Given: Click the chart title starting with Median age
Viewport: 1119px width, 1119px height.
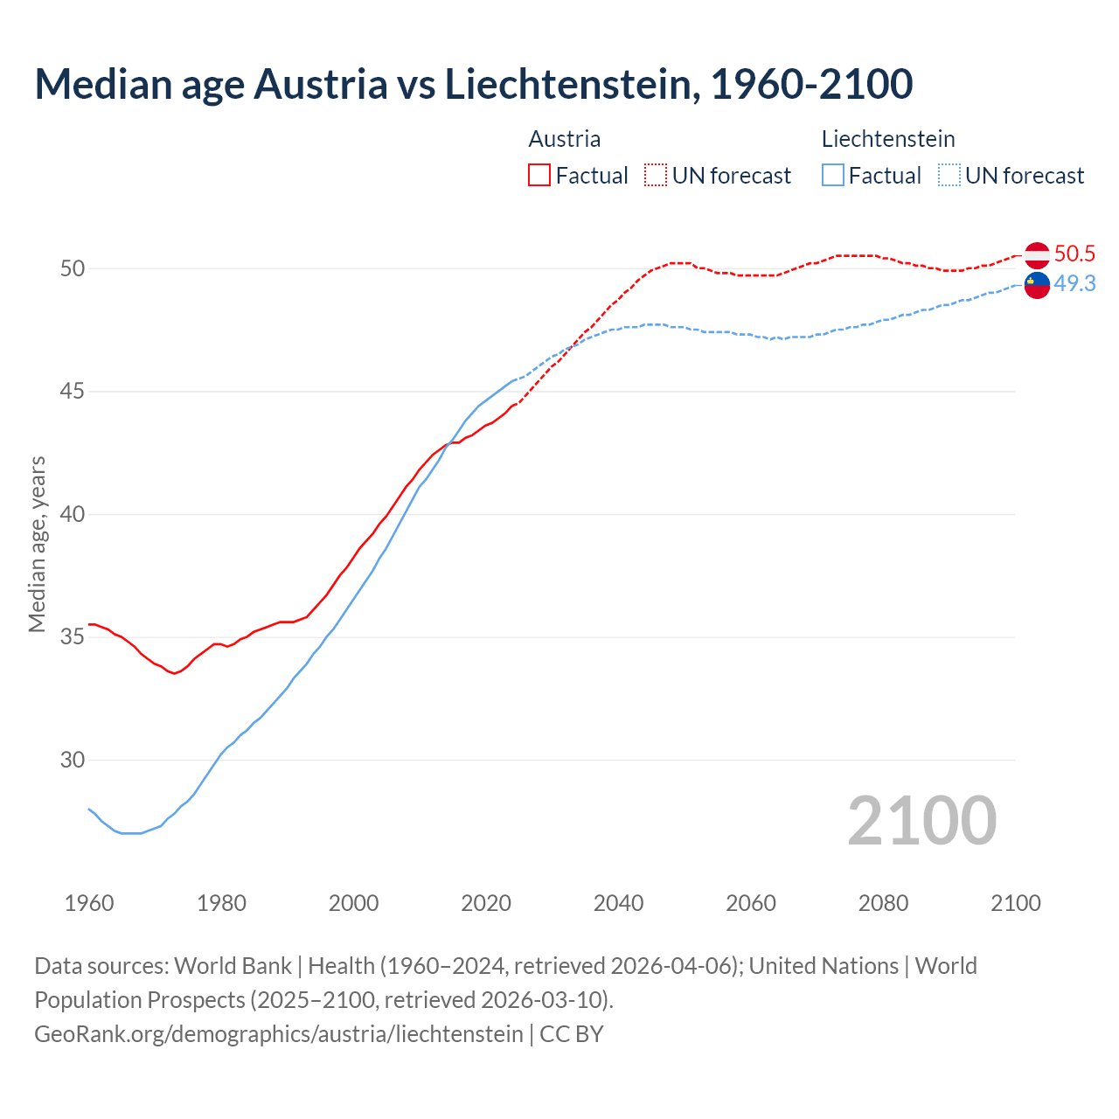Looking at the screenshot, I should (473, 84).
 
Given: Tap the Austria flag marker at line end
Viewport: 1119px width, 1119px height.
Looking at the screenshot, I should (1037, 255).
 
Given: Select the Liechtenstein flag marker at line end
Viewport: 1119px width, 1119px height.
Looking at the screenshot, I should (1037, 285).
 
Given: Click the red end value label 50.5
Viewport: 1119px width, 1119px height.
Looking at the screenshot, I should (1074, 254).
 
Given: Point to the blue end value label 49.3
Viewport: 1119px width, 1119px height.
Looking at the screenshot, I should (1074, 284).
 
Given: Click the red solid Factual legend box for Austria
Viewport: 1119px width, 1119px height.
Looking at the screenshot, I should (539, 176).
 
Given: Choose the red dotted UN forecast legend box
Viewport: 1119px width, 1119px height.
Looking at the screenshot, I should (656, 176).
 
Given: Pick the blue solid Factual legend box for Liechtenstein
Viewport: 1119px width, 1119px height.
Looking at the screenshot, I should (833, 176).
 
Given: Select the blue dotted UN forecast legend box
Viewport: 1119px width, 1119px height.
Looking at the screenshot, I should (949, 176).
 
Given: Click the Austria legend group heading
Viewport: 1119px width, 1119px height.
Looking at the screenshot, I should (565, 139).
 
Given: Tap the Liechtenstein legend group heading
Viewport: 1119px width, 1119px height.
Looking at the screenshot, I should (888, 139).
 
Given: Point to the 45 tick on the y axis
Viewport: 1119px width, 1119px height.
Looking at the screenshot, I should (73, 392).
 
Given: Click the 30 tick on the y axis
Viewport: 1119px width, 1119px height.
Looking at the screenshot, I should (73, 761).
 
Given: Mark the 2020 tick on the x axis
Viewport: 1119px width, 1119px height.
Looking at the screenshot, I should (486, 903).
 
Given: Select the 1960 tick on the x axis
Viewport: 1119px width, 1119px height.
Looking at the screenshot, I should (89, 903).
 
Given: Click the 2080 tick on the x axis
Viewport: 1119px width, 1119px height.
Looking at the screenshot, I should (883, 903).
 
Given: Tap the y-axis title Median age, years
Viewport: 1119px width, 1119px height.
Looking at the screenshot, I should (37, 544).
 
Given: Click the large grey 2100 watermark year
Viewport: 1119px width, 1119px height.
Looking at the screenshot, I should (921, 821).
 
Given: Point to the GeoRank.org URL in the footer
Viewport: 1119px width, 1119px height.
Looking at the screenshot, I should (278, 1034).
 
